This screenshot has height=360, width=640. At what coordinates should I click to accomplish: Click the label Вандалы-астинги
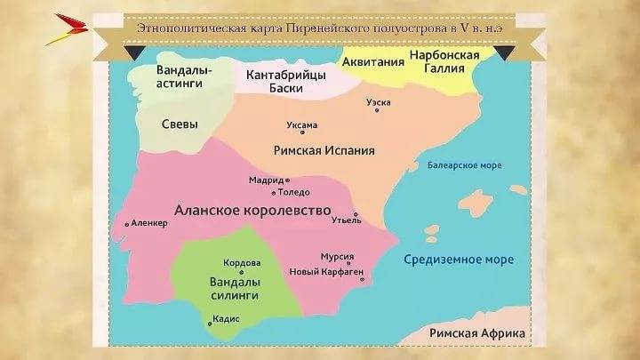[182, 76]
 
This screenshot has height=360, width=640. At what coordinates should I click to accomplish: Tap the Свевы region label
[180, 124]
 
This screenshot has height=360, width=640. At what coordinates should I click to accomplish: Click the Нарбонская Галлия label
[444, 63]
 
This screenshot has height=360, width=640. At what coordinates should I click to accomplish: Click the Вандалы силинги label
[233, 287]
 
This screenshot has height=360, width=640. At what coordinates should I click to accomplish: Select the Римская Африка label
[476, 333]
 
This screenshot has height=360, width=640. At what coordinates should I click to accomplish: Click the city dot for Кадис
[210, 324]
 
